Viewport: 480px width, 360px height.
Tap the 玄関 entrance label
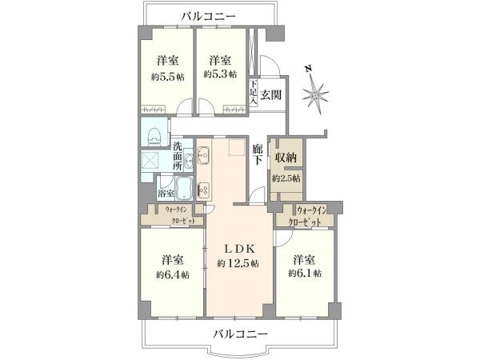tap(270, 95)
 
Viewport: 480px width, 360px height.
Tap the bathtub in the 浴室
tap(183, 190)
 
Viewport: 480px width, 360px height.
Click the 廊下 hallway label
tap(258, 154)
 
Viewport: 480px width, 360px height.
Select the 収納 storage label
tap(286, 156)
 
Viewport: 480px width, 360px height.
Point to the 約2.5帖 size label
tap(286, 177)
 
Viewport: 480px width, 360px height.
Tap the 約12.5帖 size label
tap(238, 262)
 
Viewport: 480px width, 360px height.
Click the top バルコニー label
tap(208, 15)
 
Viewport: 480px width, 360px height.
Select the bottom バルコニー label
tap(240, 333)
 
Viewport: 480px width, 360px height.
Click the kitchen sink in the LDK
tap(203, 190)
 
